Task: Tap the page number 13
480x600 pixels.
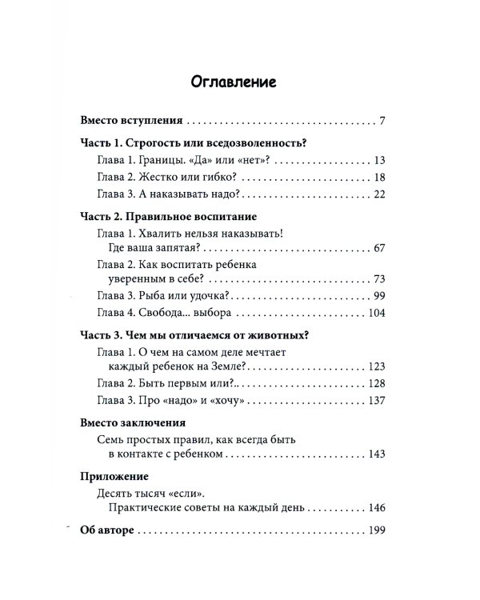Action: tap(379, 160)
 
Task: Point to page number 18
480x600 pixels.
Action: tap(379, 178)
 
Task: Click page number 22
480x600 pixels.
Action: tap(379, 195)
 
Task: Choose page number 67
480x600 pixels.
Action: tap(379, 250)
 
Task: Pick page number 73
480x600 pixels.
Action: tap(379, 278)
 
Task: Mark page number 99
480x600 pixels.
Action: tap(379, 297)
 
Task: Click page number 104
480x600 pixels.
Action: tap(376, 314)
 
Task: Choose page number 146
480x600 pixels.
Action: tap(376, 507)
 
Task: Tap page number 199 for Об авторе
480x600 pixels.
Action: tap(376, 530)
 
